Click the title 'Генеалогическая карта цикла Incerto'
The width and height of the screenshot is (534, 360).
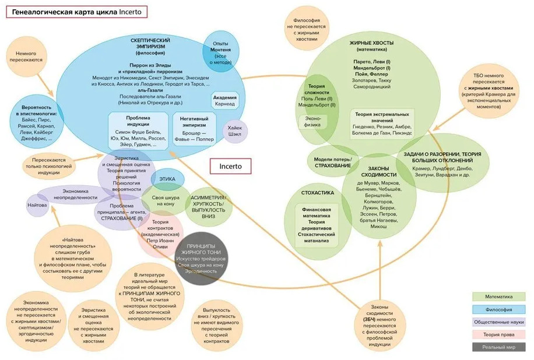pos(76,11)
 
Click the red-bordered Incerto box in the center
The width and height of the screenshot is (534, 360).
pos(230,166)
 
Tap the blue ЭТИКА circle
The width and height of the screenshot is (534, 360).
pos(167,179)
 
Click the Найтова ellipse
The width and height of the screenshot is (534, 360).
pos(37,206)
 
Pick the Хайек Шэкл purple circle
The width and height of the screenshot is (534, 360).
pos(236,130)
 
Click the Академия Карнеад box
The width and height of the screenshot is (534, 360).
pos(224,101)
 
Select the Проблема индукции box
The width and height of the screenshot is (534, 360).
pos(137,132)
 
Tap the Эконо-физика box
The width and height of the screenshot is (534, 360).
pos(312,121)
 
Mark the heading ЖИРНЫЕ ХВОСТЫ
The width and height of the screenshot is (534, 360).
pos(371,44)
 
